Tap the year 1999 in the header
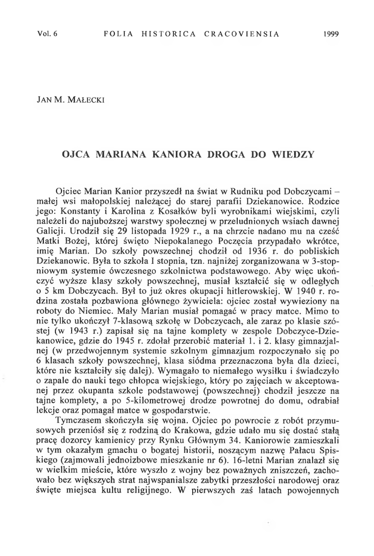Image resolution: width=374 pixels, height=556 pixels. [x=330, y=34]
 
